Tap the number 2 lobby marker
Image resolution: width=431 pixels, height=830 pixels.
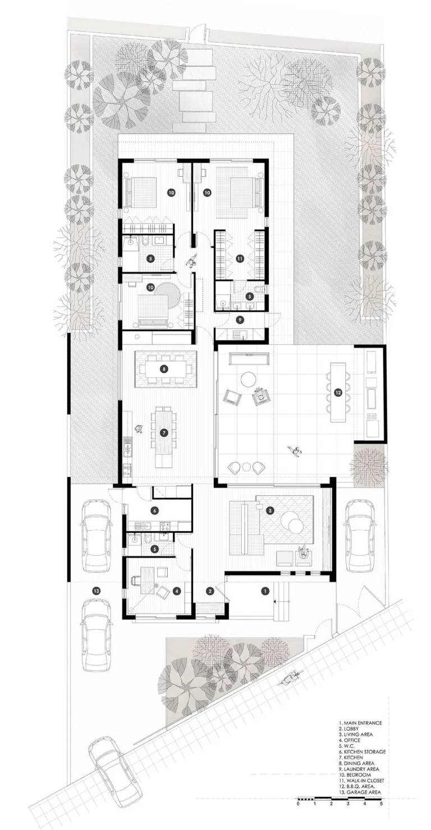click(x=209, y=590)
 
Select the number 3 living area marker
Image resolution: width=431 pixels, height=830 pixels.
click(x=270, y=510)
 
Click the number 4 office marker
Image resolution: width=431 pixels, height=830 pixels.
click(x=177, y=591)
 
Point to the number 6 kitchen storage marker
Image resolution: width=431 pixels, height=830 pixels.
click(x=154, y=510)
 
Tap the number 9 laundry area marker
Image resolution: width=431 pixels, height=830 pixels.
click(x=240, y=319)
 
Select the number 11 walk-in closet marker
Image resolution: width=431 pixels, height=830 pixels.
click(x=240, y=258)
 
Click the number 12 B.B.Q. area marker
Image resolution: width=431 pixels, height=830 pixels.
click(x=338, y=392)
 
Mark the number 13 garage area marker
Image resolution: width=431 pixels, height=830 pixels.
click(x=97, y=591)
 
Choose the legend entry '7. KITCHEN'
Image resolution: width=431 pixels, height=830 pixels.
click(x=354, y=757)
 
